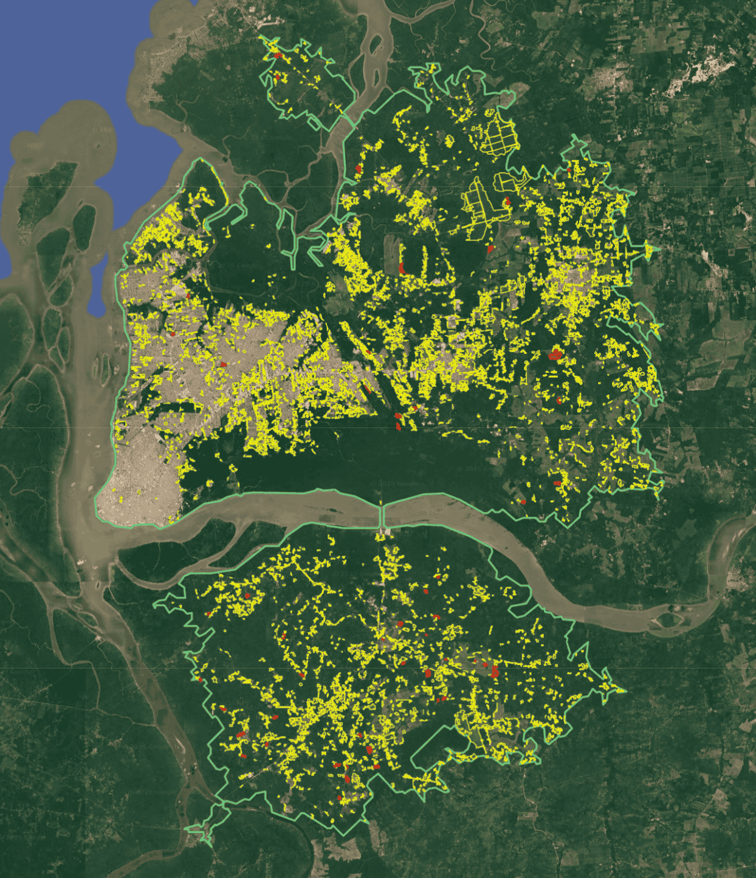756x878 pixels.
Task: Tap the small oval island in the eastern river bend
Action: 669,620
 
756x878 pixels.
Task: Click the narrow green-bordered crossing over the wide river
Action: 382,517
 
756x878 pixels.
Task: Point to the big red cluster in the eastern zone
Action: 554,355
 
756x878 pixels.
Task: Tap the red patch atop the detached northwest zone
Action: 278,55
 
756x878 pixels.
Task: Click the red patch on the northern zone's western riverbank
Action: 359,168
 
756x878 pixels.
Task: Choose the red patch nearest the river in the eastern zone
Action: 523,502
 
